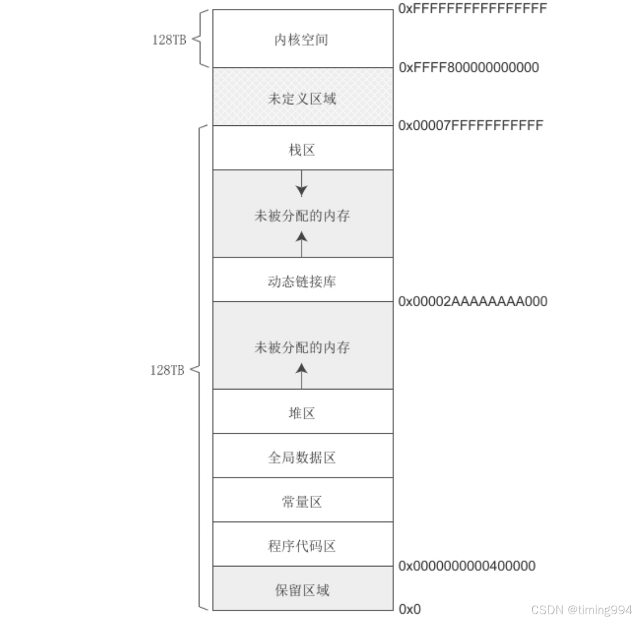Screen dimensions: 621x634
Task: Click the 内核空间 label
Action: pos(301,40)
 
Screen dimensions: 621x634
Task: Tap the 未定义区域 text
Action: pos(302,99)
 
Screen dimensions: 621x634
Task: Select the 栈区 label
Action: pos(302,150)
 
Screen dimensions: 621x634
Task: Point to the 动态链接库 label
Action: pos(302,281)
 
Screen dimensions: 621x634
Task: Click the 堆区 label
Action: pos(302,414)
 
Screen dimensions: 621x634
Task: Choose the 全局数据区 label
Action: pos(302,457)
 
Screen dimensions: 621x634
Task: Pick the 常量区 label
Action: pos(302,502)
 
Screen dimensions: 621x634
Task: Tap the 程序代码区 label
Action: pos(302,546)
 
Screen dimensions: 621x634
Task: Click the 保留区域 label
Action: pos(302,590)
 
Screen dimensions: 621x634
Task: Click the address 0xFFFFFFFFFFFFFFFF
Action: pos(473,8)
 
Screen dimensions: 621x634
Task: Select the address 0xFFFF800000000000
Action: pos(469,67)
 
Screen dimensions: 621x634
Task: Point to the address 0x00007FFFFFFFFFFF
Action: pos(471,125)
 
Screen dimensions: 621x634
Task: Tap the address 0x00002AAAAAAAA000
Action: pos(473,301)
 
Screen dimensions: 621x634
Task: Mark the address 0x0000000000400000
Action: pos(467,566)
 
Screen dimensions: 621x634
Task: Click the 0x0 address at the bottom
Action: pos(410,609)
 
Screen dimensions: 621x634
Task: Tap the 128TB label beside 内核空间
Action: pos(169,40)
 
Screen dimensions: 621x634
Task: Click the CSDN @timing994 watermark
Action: pos(581,610)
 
